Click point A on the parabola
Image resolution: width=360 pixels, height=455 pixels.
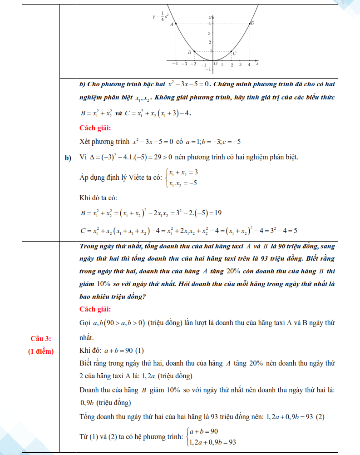[x=176, y=24]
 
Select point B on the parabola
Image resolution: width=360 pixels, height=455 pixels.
[x=194, y=52]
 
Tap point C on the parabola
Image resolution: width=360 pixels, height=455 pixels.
[x=231, y=52]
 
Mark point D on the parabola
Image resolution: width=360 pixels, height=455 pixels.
[x=250, y=24]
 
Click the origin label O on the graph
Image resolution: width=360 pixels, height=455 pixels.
[x=216, y=64]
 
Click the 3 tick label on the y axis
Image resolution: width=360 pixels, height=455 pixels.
[x=209, y=33]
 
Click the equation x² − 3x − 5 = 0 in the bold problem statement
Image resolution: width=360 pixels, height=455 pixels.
[x=187, y=84]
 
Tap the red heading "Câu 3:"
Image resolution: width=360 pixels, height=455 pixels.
[x=41, y=339]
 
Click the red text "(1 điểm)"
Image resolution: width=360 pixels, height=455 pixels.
[x=41, y=351]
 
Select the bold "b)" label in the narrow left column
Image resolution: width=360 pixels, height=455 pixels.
[x=69, y=158]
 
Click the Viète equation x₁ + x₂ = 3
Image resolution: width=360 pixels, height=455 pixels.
[x=182, y=173]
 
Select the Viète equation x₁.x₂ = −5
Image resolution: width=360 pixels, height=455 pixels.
[x=182, y=183]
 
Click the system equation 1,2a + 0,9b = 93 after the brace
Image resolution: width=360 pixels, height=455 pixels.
[x=212, y=442]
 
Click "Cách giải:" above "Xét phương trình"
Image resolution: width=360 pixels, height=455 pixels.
[x=95, y=128]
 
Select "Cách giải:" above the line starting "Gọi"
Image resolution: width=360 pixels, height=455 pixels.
[x=95, y=309]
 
